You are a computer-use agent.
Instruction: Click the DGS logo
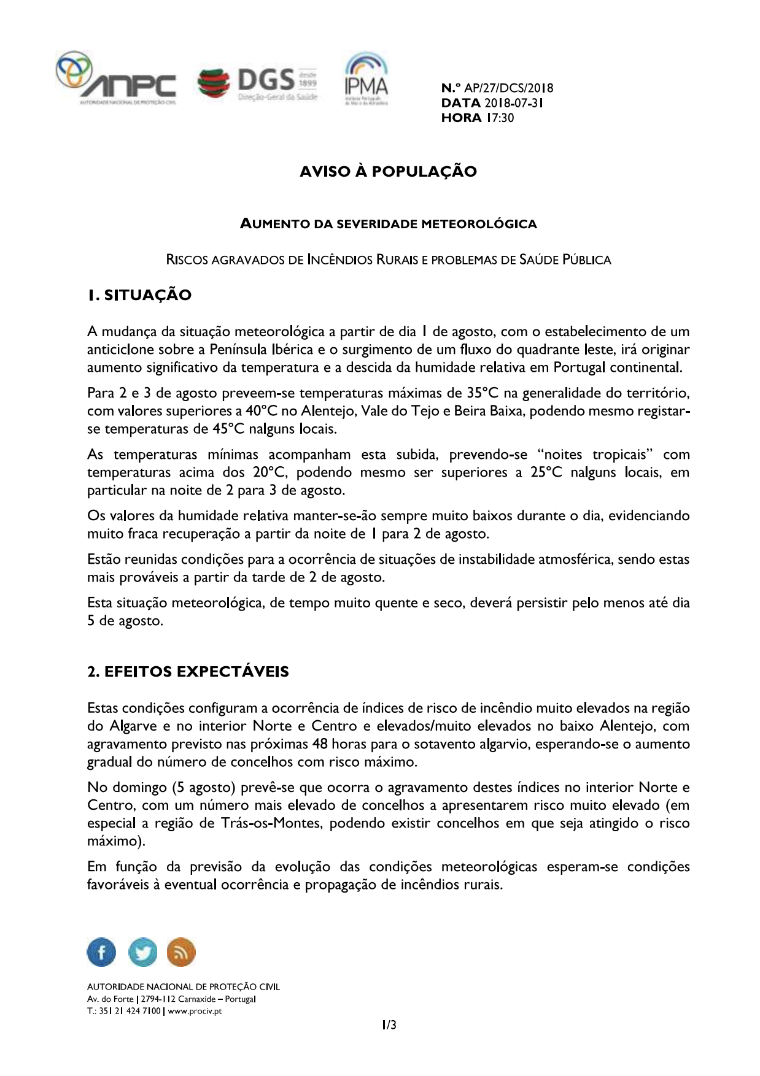click(x=257, y=83)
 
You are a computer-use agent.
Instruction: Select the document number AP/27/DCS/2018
click(x=509, y=88)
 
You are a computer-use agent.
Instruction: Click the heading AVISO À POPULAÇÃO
click(x=388, y=171)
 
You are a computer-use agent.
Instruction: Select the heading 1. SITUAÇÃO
click(x=139, y=295)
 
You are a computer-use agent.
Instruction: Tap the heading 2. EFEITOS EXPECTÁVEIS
click(x=188, y=671)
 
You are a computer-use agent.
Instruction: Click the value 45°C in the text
click(x=228, y=429)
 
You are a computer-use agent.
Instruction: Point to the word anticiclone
click(x=121, y=350)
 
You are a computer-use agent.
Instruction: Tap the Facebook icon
click(x=102, y=953)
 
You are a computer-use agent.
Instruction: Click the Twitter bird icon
click(x=142, y=953)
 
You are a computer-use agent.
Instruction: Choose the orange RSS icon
click(x=181, y=953)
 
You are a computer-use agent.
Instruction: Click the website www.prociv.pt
click(x=195, y=1011)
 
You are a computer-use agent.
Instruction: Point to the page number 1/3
click(x=389, y=1025)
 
